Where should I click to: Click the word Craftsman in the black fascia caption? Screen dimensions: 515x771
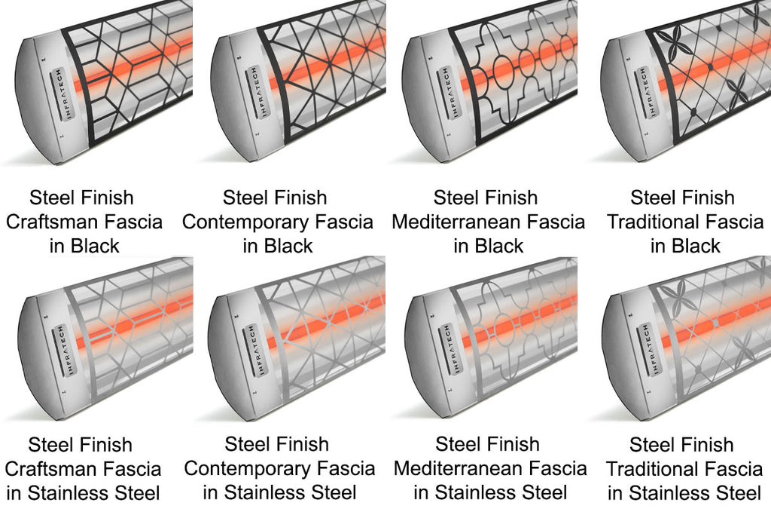coord(56,222)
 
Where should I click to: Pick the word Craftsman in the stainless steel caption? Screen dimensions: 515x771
coord(56,469)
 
